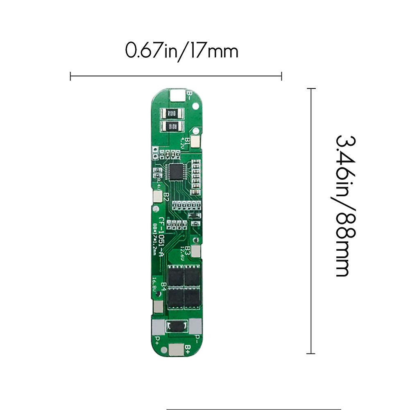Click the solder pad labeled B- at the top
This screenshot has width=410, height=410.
tap(177, 96)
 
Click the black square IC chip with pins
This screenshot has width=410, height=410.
tap(177, 172)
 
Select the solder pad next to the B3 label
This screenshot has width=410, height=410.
tap(196, 251)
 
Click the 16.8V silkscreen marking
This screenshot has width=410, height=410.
tap(154, 284)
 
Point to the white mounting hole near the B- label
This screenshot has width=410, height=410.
tap(195, 106)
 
